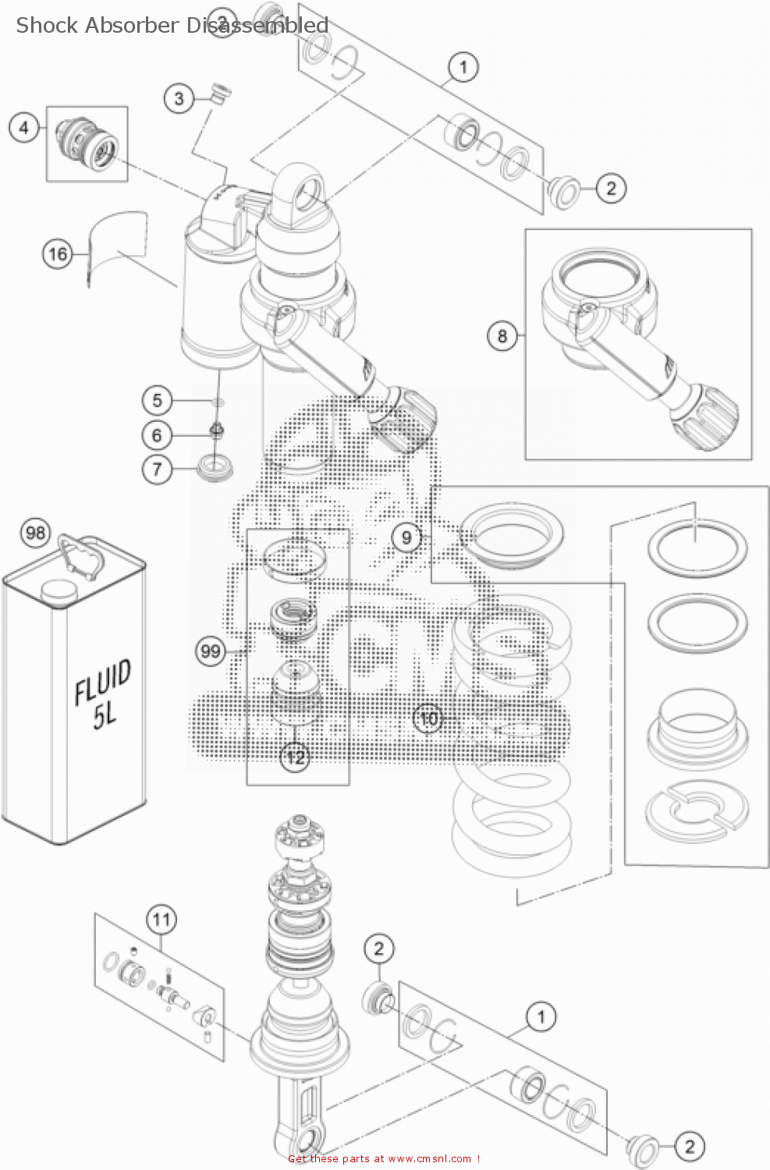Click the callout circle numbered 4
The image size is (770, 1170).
coord(24,127)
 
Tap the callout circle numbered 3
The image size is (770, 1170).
coord(179,99)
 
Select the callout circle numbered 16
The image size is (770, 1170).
coord(58,253)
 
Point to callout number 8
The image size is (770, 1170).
coord(502,336)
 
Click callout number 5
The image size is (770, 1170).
coord(157,400)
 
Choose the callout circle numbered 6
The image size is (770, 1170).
coord(157,434)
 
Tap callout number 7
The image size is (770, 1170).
coord(157,469)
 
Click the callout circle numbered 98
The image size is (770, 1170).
coord(35,533)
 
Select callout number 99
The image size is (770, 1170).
coord(211,651)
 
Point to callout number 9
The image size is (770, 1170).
coord(406,537)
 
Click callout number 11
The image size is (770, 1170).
coord(161,920)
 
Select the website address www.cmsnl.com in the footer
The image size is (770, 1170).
coord(429,1159)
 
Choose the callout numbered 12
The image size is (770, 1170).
coord(295,757)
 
